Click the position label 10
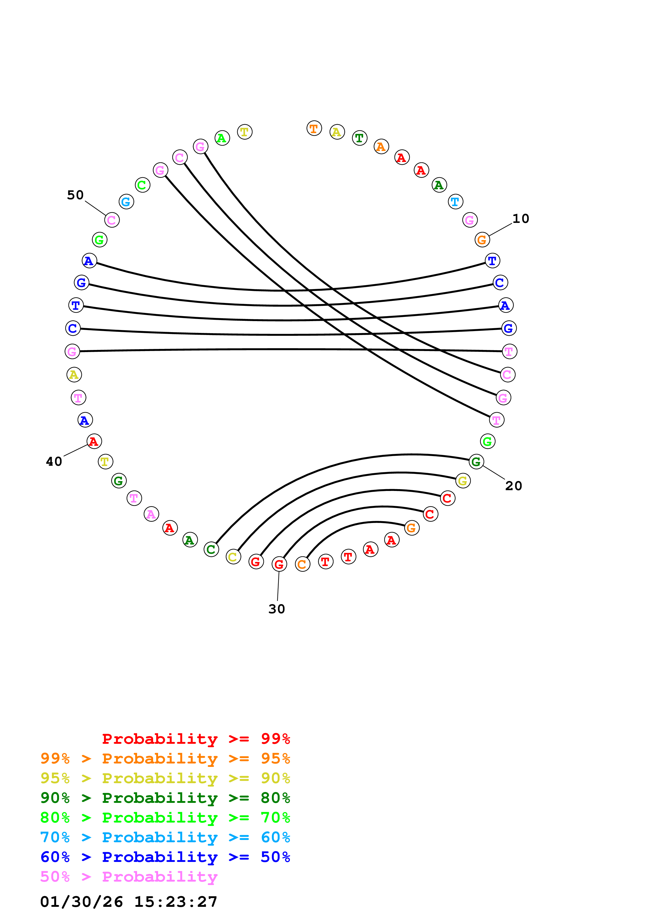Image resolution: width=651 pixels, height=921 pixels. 521,219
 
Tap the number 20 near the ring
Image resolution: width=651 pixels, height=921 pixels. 513,486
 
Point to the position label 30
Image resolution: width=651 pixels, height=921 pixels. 276,609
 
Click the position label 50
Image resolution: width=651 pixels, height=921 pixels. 75,195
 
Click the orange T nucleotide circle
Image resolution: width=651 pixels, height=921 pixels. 314,128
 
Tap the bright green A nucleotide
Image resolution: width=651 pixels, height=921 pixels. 222,138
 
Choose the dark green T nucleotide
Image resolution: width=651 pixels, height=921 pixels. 360,138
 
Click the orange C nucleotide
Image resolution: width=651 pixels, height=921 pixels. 303,564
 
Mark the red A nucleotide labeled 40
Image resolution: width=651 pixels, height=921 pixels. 94,441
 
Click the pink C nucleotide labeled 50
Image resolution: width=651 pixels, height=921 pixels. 112,220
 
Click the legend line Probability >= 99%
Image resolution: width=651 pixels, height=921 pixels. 196,739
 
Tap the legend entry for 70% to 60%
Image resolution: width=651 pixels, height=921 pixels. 165,837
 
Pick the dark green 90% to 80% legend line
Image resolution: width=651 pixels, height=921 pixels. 165,798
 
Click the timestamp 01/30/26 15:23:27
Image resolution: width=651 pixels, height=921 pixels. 129,902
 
